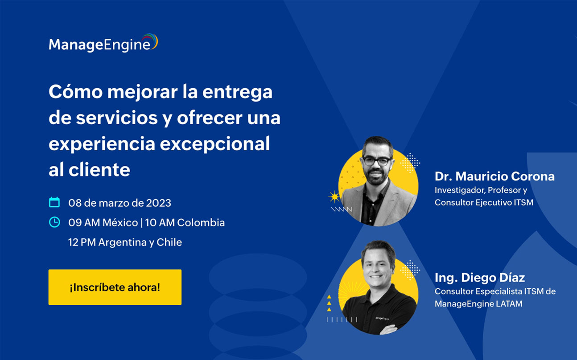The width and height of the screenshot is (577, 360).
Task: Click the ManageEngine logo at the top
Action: (103, 44)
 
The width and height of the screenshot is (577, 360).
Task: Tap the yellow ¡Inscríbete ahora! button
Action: (115, 287)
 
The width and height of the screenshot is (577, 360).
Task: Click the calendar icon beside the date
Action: (54, 202)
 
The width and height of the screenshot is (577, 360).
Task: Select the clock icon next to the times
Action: (54, 222)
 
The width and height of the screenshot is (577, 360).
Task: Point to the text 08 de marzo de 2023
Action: (120, 203)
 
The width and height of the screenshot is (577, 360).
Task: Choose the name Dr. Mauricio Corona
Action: (495, 176)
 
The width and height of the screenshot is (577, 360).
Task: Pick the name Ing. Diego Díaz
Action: (479, 278)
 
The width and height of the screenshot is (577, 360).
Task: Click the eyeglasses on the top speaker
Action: (377, 161)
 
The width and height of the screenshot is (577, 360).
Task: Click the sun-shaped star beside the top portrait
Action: (334, 196)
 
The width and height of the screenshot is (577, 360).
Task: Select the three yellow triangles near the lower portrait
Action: (329, 303)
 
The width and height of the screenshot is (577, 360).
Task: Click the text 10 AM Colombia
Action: (185, 222)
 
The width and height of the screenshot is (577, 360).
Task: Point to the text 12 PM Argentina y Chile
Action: (125, 242)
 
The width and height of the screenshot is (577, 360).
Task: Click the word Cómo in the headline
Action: (73, 92)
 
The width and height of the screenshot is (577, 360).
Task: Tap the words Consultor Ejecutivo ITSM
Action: (484, 202)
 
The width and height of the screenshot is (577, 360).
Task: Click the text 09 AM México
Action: (102, 222)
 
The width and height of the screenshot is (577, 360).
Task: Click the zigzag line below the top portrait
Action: (341, 209)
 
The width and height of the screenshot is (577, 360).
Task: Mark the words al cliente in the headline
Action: (89, 170)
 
